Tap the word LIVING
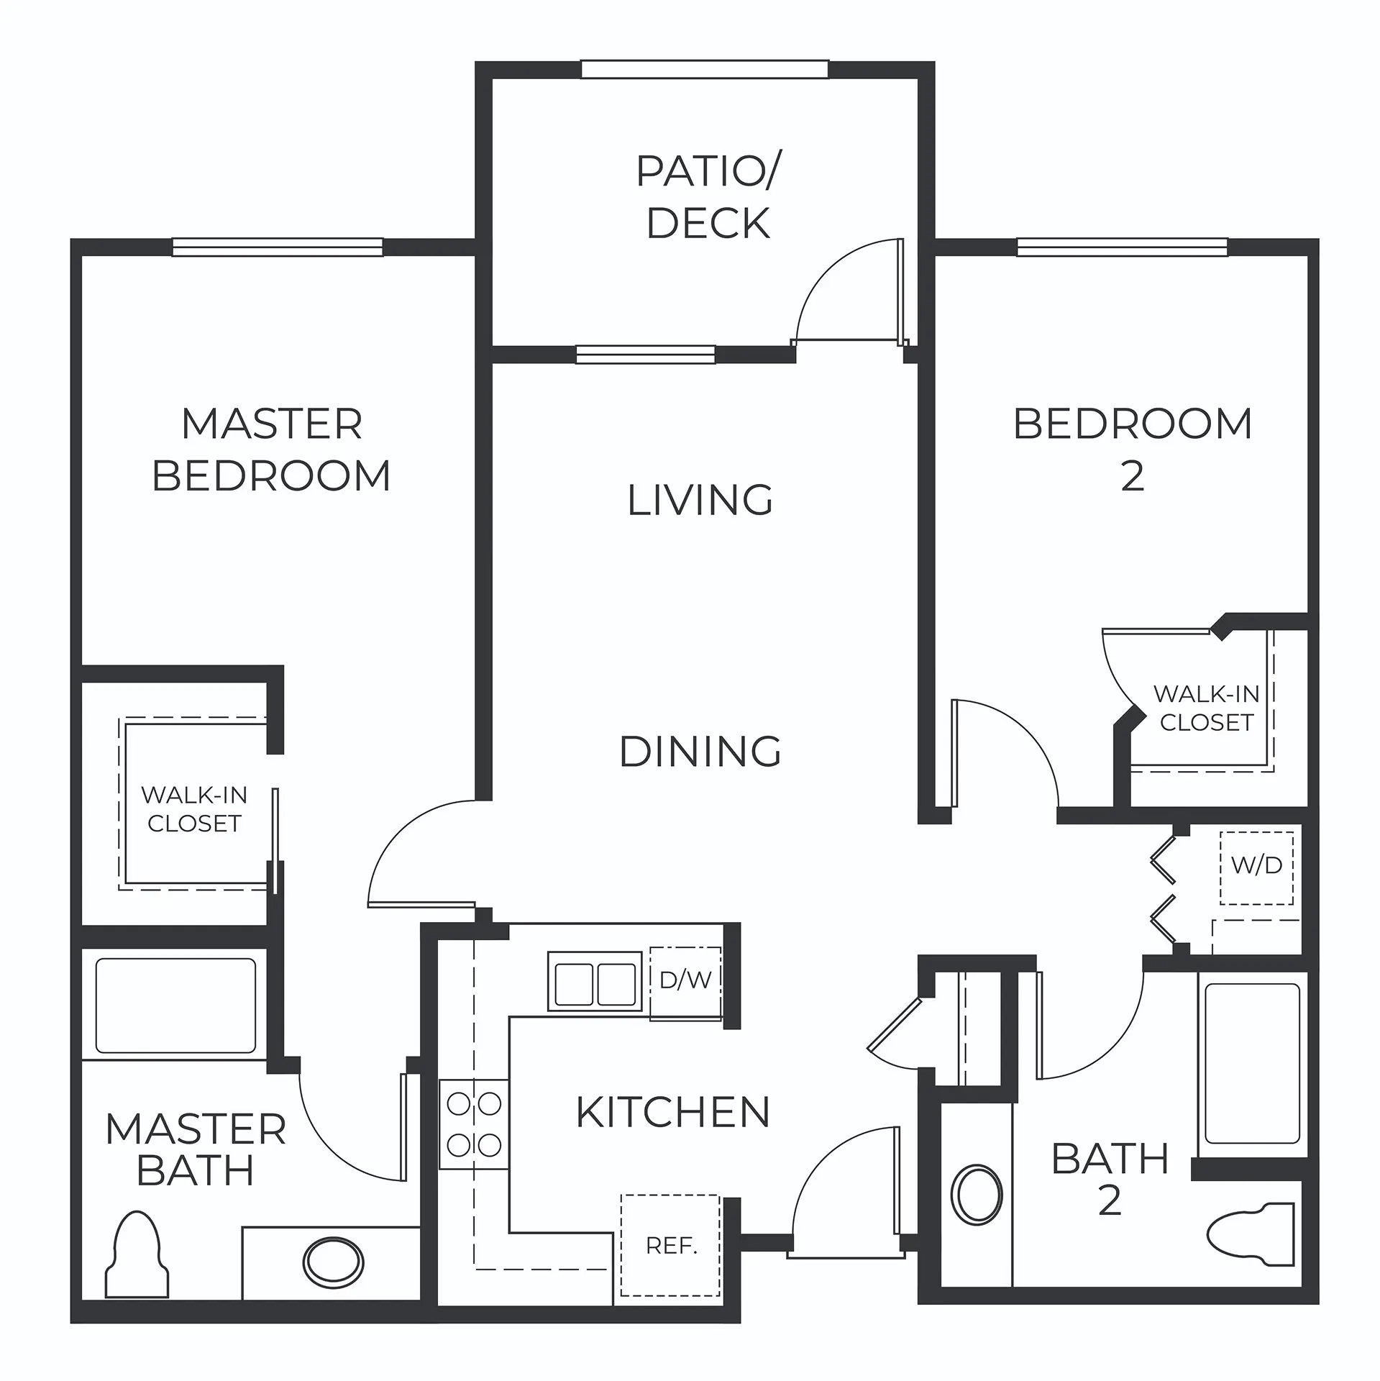[700, 500]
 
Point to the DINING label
[700, 752]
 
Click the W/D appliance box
[1256, 868]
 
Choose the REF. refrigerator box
[670, 1245]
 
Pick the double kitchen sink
[595, 981]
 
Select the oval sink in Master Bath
[333, 1262]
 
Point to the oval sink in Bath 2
[977, 1194]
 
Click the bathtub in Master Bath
[175, 1005]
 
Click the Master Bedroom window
[278, 247]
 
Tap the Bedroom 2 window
[1123, 247]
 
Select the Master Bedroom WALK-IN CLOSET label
[194, 809]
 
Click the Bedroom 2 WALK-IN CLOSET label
[1207, 708]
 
